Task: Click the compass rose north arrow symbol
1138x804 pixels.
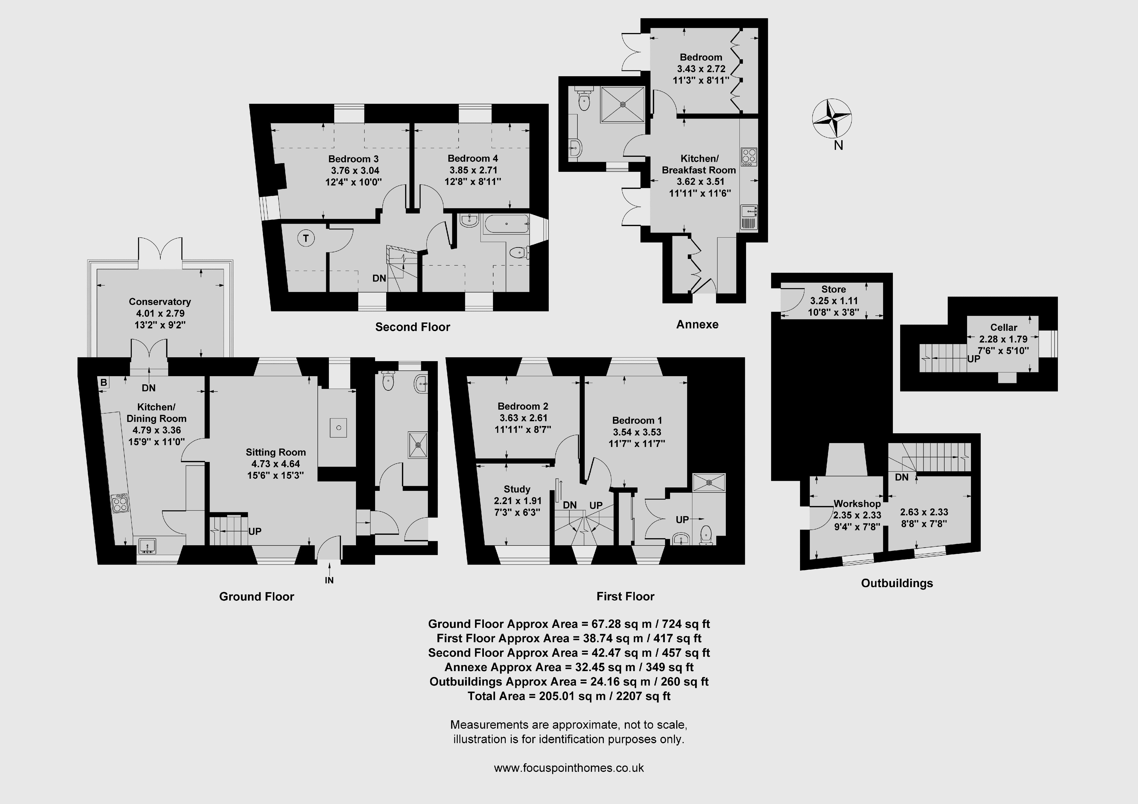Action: [832, 119]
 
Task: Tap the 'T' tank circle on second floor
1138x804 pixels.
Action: [306, 238]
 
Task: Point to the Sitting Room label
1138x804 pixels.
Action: [276, 452]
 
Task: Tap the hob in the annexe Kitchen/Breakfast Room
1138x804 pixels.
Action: [748, 157]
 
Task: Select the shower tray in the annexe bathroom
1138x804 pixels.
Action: [623, 105]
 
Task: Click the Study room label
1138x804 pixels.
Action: [517, 489]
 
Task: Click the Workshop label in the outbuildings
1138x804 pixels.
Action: [857, 504]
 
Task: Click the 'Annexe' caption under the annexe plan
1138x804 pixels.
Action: [697, 325]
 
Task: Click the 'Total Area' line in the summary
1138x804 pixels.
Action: [569, 696]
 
